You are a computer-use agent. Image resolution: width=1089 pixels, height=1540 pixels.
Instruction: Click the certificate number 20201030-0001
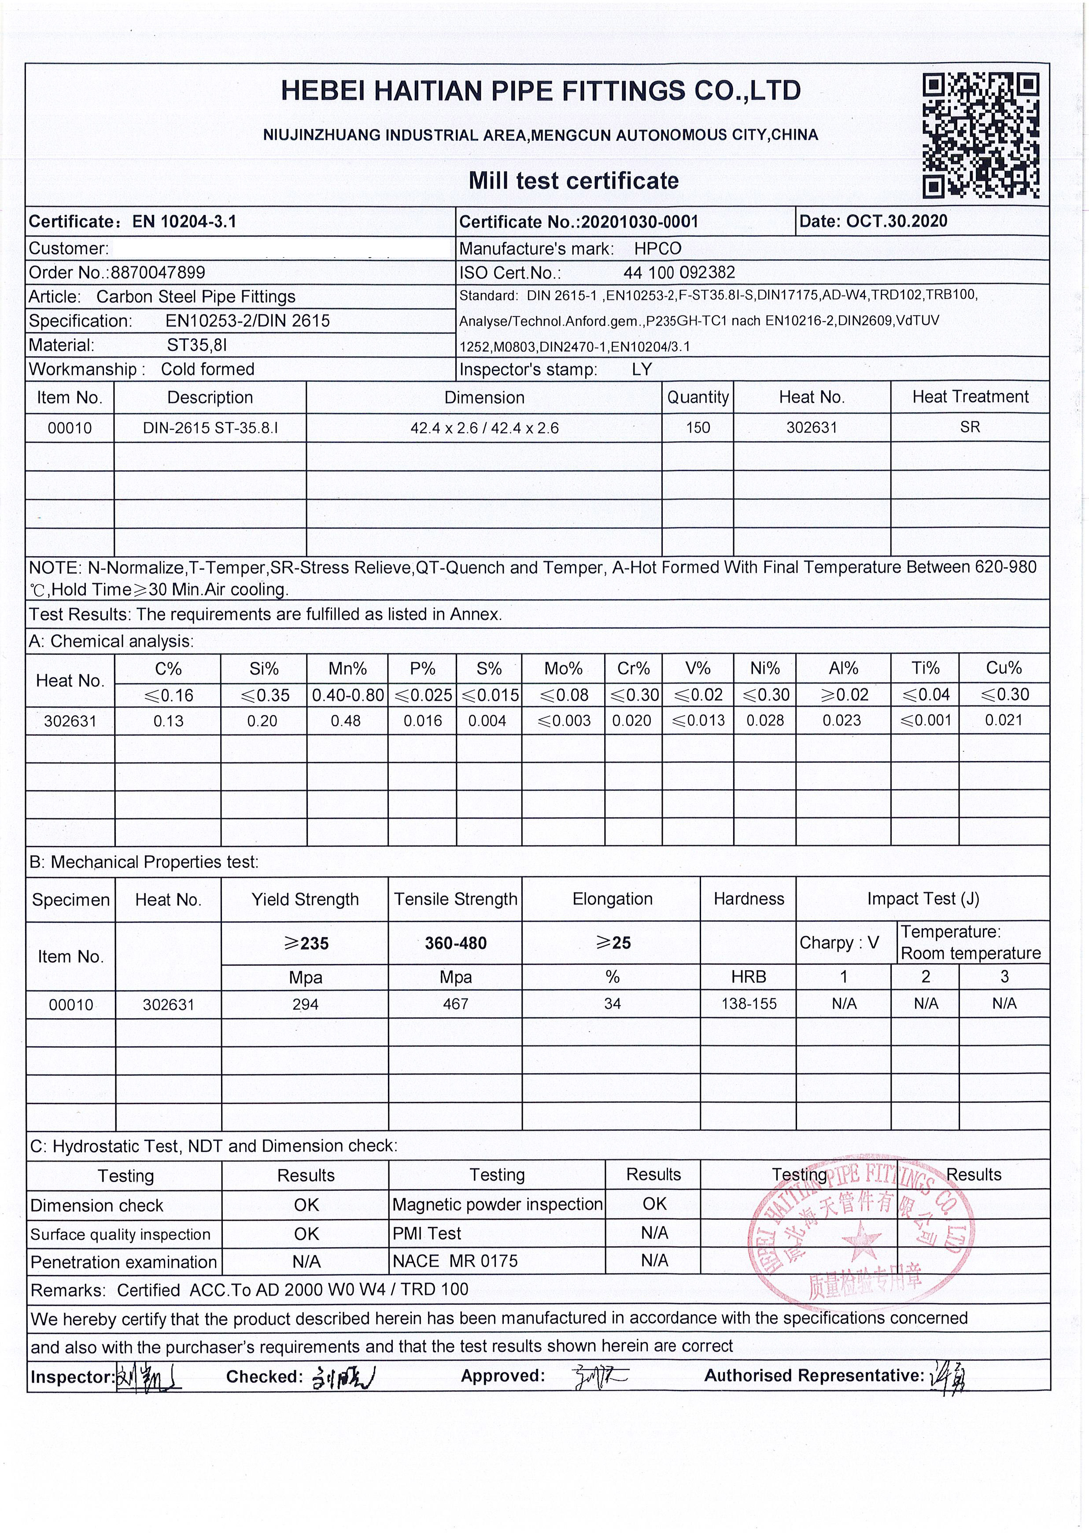(x=640, y=222)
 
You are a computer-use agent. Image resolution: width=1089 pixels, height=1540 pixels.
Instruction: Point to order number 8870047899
(x=158, y=272)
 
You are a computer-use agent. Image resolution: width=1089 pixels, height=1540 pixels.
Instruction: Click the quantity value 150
(x=698, y=427)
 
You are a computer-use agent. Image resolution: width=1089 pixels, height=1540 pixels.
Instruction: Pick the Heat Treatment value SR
(x=970, y=427)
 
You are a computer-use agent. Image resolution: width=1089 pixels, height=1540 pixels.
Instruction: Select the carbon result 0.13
(x=168, y=721)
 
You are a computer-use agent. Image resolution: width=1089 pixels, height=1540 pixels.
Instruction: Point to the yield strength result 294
(x=305, y=1004)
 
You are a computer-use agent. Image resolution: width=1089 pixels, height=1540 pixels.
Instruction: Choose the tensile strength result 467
(x=455, y=1004)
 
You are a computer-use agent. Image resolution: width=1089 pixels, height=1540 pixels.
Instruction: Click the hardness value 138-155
(x=748, y=1004)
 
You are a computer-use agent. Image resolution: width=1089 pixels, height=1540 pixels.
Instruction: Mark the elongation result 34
(x=612, y=1004)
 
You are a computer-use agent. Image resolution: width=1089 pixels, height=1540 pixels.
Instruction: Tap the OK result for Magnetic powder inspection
(x=654, y=1204)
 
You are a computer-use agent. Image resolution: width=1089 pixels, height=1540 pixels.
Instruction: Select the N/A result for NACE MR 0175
(x=654, y=1261)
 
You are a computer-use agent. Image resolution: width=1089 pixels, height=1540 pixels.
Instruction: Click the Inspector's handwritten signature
(x=149, y=1376)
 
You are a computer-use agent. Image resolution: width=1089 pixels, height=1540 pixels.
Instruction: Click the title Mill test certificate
(x=573, y=181)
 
